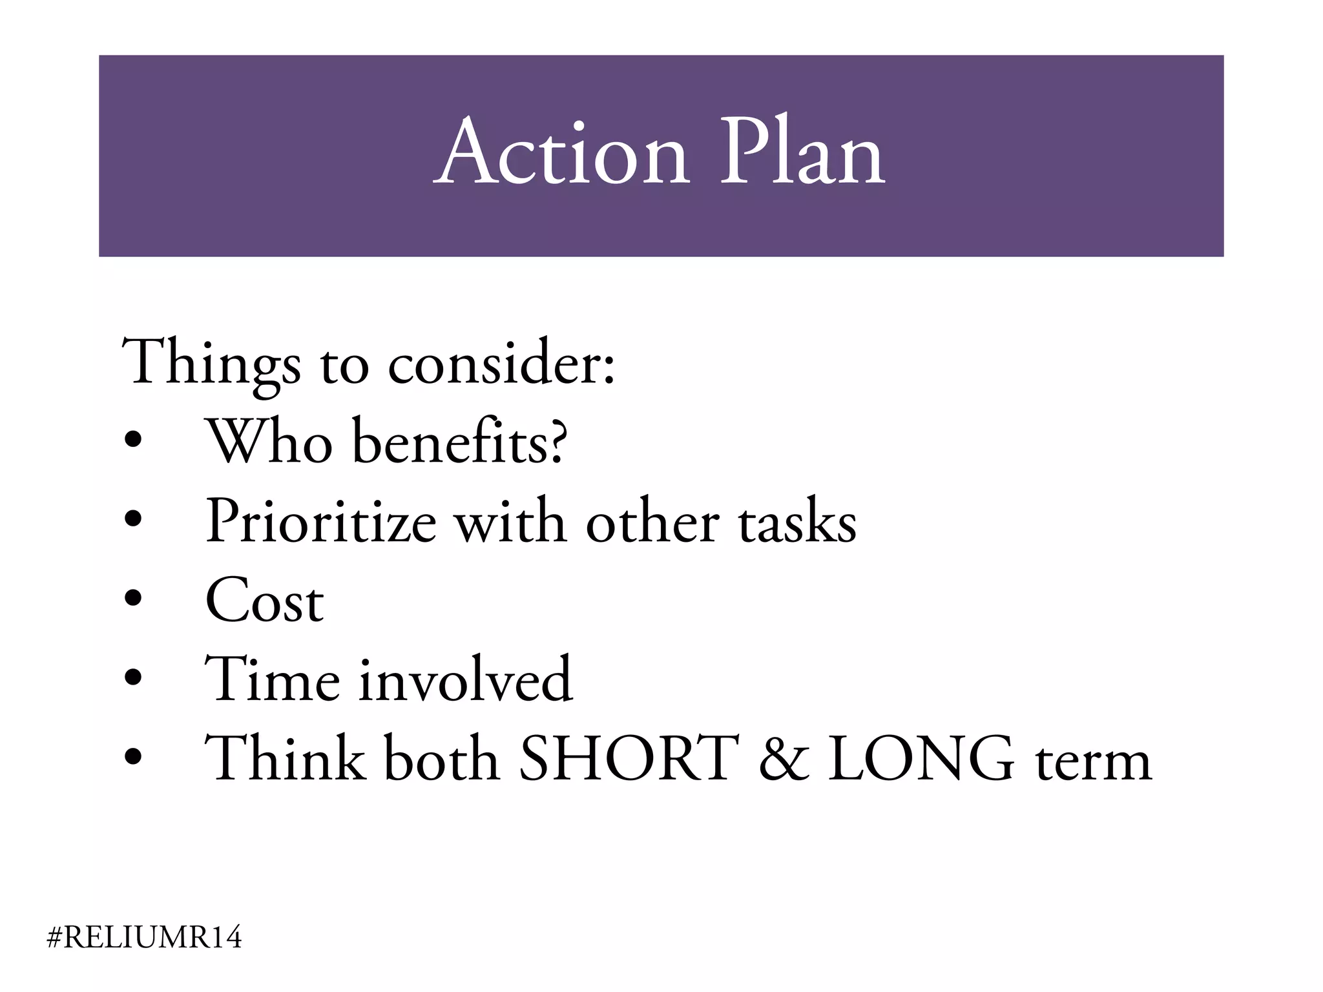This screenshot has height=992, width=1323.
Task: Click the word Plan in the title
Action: (x=802, y=154)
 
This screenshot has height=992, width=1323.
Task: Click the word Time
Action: (x=272, y=679)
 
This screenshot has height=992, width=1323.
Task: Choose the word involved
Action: (x=465, y=679)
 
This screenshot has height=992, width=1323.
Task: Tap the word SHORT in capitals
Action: (x=629, y=759)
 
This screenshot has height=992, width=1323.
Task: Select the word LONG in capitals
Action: (x=921, y=759)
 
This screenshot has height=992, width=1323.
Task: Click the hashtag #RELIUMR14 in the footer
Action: (x=145, y=937)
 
